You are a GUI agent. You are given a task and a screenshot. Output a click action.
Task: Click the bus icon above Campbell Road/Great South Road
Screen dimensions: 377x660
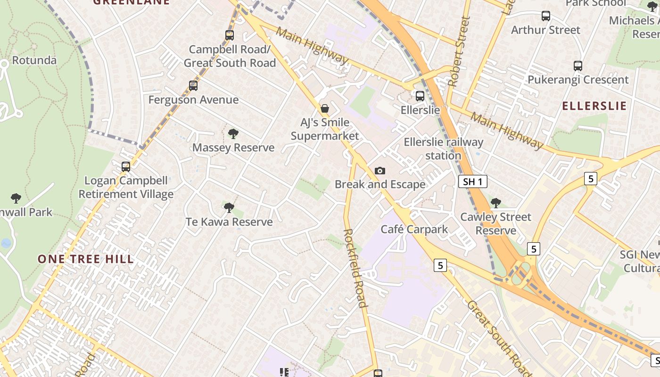230,35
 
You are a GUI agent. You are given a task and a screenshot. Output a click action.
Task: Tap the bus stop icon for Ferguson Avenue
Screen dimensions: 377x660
193,86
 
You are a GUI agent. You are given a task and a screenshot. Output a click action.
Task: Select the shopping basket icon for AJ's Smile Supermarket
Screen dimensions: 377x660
325,108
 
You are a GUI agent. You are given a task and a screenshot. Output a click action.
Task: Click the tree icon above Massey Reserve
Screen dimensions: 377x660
233,134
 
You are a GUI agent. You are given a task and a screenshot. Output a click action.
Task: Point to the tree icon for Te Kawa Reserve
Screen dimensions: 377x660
229,207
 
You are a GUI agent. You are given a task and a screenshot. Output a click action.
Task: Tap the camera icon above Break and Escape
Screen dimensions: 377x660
380,171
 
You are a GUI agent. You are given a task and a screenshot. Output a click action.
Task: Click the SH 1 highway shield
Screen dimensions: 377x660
472,181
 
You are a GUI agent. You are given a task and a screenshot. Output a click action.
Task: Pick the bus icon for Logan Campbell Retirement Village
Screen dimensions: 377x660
126,166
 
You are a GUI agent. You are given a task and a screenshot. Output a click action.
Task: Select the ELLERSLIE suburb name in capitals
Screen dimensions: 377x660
594,106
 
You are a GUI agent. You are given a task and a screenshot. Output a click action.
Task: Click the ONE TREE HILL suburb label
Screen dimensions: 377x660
86,259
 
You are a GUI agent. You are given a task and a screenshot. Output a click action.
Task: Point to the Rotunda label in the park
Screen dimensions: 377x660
34,60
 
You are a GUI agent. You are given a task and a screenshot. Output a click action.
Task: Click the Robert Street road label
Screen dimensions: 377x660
459,52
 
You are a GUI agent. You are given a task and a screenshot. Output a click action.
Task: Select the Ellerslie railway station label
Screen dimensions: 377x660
443,148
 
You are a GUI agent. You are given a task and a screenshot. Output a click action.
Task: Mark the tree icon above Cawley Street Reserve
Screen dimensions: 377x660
495,203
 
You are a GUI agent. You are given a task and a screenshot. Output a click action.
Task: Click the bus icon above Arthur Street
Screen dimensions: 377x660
546,16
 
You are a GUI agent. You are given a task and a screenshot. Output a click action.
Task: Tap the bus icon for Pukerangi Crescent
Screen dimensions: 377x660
578,66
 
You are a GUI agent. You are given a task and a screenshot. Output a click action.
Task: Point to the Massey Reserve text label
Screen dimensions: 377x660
233,148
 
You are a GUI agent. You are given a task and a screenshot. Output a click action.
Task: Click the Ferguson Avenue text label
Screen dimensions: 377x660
193,100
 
